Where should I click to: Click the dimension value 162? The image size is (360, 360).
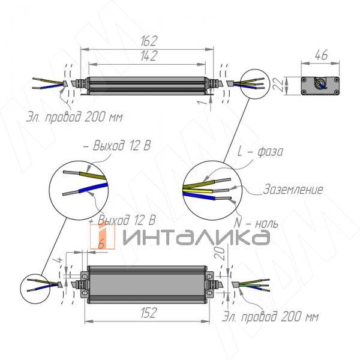(149, 41)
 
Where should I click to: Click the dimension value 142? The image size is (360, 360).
(149, 56)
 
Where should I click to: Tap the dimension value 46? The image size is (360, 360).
(321, 55)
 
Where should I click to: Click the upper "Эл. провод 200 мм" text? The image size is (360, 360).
(74, 116)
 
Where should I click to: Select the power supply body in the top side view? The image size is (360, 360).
(147, 85)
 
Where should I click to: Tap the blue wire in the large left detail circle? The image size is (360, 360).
(87, 193)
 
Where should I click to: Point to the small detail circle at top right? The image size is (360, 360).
(253, 83)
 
